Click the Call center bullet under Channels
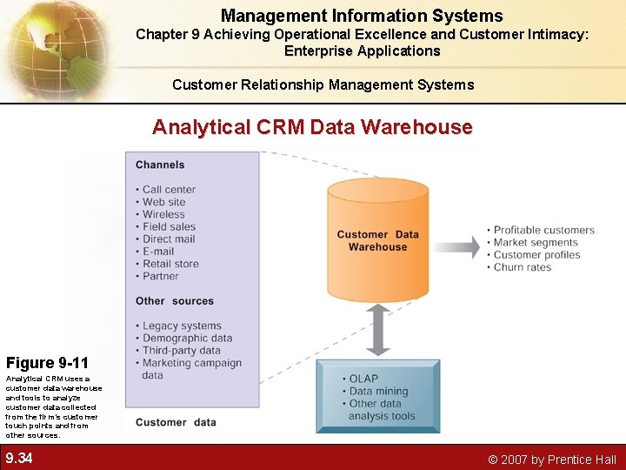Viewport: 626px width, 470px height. click(x=169, y=189)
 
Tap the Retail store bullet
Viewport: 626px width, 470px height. click(x=170, y=264)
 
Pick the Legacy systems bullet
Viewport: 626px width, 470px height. click(x=182, y=326)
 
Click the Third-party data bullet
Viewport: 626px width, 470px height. click(x=182, y=351)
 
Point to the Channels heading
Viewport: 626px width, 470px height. click(x=160, y=164)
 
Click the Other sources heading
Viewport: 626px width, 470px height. click(x=175, y=301)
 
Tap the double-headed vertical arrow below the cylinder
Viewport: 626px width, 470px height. click(x=377, y=330)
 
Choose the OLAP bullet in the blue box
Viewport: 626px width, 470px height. click(x=363, y=379)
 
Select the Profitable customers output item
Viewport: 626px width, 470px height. click(x=543, y=230)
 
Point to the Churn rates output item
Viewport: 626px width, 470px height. click(x=523, y=267)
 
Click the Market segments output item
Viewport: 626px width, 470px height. click(x=536, y=242)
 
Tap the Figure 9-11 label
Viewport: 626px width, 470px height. click(x=47, y=362)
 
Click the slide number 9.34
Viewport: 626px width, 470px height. click(x=19, y=458)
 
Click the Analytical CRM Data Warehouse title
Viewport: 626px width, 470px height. click(x=312, y=127)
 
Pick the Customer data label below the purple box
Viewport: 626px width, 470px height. click(x=176, y=422)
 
